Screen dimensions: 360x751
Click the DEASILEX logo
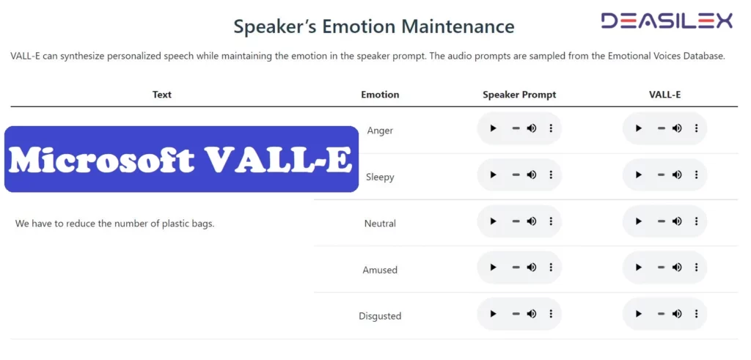pos(667,21)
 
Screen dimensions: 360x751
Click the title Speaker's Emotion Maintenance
pos(374,27)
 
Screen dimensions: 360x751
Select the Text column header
pos(162,95)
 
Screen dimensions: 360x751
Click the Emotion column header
pos(380,95)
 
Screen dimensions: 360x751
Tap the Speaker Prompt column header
pos(519,95)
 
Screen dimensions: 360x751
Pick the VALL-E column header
pos(665,95)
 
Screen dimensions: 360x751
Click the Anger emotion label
pos(380,131)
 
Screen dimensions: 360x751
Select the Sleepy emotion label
pos(380,177)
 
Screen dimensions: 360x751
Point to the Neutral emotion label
pos(380,224)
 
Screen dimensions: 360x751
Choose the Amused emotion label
pos(380,270)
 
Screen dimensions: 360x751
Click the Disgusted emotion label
pos(380,316)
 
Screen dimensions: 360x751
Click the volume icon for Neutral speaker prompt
pos(532,221)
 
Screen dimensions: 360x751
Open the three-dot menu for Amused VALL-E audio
pos(696,268)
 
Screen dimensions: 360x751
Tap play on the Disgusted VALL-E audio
pos(639,314)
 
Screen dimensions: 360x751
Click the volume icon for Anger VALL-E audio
pos(677,128)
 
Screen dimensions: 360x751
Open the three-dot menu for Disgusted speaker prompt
pos(551,314)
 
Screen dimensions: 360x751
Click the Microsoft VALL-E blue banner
pos(181,159)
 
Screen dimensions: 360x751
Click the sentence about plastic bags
pos(115,224)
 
